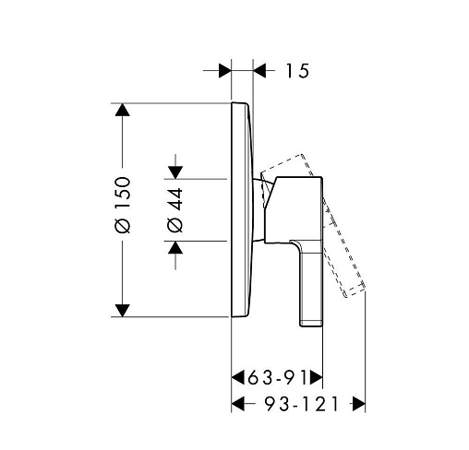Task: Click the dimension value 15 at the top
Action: click(x=297, y=71)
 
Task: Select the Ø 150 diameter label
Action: click(x=123, y=205)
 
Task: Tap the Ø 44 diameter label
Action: click(x=175, y=210)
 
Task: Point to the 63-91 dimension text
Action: click(x=278, y=377)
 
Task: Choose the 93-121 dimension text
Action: click(x=302, y=404)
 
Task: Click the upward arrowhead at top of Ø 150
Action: click(x=123, y=110)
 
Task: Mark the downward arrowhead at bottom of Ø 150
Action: click(x=123, y=311)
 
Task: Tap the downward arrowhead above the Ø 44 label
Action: click(x=175, y=172)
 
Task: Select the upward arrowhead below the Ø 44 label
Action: click(x=175, y=247)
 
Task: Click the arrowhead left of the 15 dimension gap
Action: click(x=225, y=71)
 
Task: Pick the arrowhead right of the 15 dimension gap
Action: click(x=259, y=71)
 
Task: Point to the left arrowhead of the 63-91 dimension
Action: click(x=238, y=377)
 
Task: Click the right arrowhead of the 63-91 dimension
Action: click(x=317, y=377)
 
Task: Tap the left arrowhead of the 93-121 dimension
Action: click(x=238, y=404)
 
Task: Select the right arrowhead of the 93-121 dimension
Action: click(x=359, y=404)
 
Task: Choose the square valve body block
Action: click(x=294, y=210)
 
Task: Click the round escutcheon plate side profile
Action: click(x=242, y=209)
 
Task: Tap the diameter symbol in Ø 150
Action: click(x=123, y=226)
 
